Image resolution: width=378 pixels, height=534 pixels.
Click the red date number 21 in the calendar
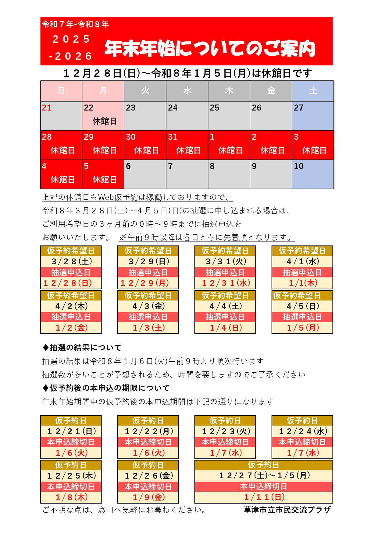coord(47,108)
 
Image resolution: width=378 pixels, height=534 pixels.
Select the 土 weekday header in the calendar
coord(313,91)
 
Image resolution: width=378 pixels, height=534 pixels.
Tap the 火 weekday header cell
coord(145,91)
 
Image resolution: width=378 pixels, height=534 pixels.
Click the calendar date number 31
coord(173,137)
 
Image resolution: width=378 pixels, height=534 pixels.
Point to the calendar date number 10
coord(298,166)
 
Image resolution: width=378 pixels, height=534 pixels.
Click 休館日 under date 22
coord(105,121)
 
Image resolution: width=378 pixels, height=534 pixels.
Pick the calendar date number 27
coord(298,108)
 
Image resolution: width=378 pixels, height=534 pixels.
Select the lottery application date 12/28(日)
coord(68,283)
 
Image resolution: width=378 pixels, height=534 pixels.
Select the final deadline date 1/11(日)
coord(264,497)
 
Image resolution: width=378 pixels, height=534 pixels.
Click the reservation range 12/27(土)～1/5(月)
coord(264,476)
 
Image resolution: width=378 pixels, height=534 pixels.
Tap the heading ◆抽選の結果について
coord(82,347)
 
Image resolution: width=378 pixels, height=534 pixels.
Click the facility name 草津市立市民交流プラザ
coord(287,510)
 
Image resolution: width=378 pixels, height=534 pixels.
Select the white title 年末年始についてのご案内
coord(210,49)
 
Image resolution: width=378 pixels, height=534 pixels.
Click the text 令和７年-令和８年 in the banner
coord(75,24)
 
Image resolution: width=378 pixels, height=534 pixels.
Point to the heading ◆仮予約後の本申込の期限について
coord(106,388)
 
